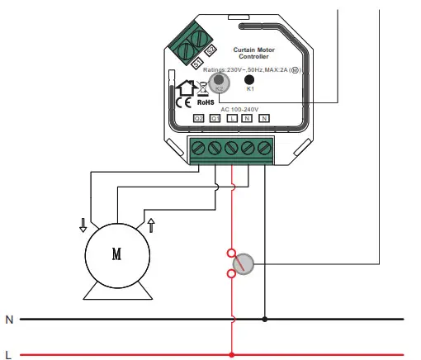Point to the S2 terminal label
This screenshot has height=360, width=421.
tap(210, 55)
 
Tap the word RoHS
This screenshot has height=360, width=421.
tap(206, 102)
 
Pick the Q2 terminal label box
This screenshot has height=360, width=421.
tap(199, 119)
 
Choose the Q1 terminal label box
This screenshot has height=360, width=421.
tap(215, 119)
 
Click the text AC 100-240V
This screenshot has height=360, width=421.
tap(239, 109)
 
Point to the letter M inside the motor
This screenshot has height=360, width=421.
tap(116, 254)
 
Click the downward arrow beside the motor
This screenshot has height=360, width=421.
tap(83, 224)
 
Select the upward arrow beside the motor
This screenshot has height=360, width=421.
tap(150, 224)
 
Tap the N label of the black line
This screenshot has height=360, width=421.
tap(9, 319)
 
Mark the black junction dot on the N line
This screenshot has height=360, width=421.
tap(265, 319)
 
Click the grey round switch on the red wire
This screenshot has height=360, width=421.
tap(244, 264)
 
